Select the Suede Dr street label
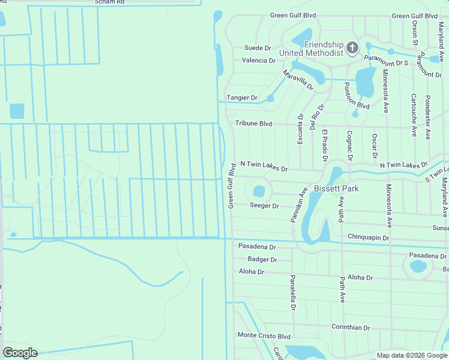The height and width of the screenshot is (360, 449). coord(258,48)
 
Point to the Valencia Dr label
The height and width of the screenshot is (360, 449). coord(258,61)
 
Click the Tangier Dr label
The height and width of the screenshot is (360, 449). coord(242,98)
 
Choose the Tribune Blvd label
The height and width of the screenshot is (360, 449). coord(253,123)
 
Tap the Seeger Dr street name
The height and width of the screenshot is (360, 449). coord(264,206)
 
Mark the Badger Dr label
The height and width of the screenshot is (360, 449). coord(262,260)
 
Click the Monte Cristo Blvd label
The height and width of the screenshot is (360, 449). coord(264,335)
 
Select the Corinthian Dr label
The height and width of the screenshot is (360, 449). coord(351,327)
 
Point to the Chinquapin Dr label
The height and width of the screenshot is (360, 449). coord(368,238)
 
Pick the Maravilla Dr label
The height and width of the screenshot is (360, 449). coord(298,79)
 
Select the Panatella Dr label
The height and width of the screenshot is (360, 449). coord(293,293)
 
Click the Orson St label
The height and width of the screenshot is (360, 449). coord(415,34)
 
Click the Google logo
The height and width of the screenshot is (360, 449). coord(20,353)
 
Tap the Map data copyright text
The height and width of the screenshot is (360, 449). coord(411,355)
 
